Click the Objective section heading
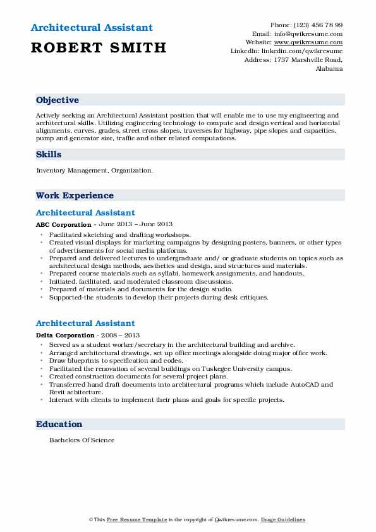(58, 100)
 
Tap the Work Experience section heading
(75, 196)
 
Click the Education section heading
(59, 424)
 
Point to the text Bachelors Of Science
(82, 440)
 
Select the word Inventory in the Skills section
(52, 171)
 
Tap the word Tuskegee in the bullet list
(215, 368)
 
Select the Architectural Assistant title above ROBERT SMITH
(91, 28)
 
